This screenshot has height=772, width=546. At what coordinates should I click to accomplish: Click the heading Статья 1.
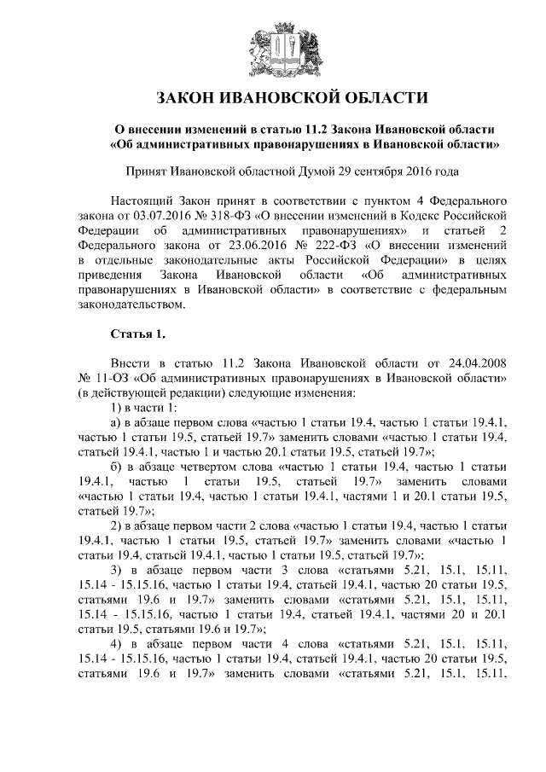136,331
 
